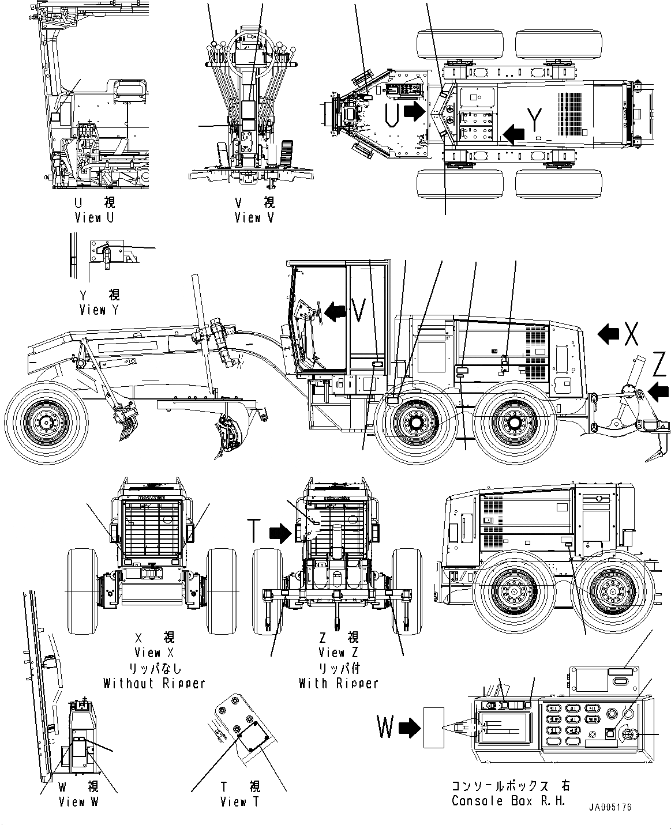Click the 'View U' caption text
tap(95, 218)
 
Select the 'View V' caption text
tap(254, 218)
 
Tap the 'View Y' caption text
tap(100, 310)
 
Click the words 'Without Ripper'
tap(154, 683)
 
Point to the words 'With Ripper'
tap(339, 683)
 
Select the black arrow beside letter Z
tap(658, 393)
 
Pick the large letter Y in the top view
tap(536, 120)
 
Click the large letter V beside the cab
tap(358, 312)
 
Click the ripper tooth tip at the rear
tap(648, 459)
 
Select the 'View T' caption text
tap(240, 802)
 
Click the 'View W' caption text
tap(79, 802)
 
